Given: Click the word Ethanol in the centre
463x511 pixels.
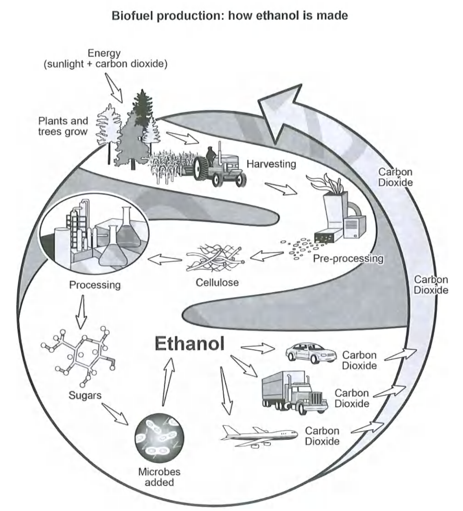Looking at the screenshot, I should (189, 344).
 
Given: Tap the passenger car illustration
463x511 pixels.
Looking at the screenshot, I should (310, 353).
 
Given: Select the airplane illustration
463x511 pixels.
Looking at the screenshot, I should (259, 436).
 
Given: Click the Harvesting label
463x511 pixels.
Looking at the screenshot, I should (271, 164).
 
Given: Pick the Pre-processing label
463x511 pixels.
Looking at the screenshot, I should (348, 258).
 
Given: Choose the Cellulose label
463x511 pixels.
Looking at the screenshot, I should (217, 283).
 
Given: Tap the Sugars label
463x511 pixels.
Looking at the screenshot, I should (85, 395).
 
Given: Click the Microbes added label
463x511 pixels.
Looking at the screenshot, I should (159, 477).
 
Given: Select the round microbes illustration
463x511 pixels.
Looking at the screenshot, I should (159, 437).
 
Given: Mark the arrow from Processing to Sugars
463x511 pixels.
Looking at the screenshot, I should (82, 311).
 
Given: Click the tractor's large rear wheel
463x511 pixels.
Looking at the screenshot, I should (202, 168).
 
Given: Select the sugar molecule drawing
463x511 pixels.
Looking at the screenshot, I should (81, 353).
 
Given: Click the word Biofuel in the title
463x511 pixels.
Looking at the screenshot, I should (131, 16).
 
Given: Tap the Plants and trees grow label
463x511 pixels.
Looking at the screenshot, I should (63, 126).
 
